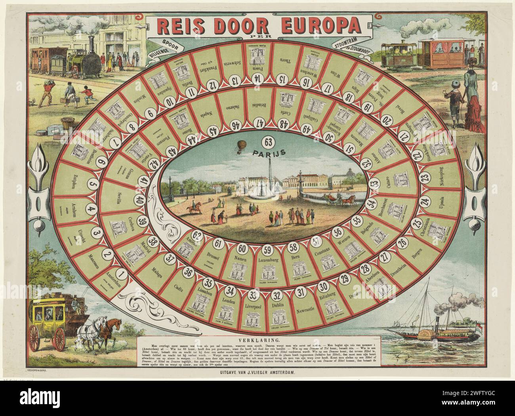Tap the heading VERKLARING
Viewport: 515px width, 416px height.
258,340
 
